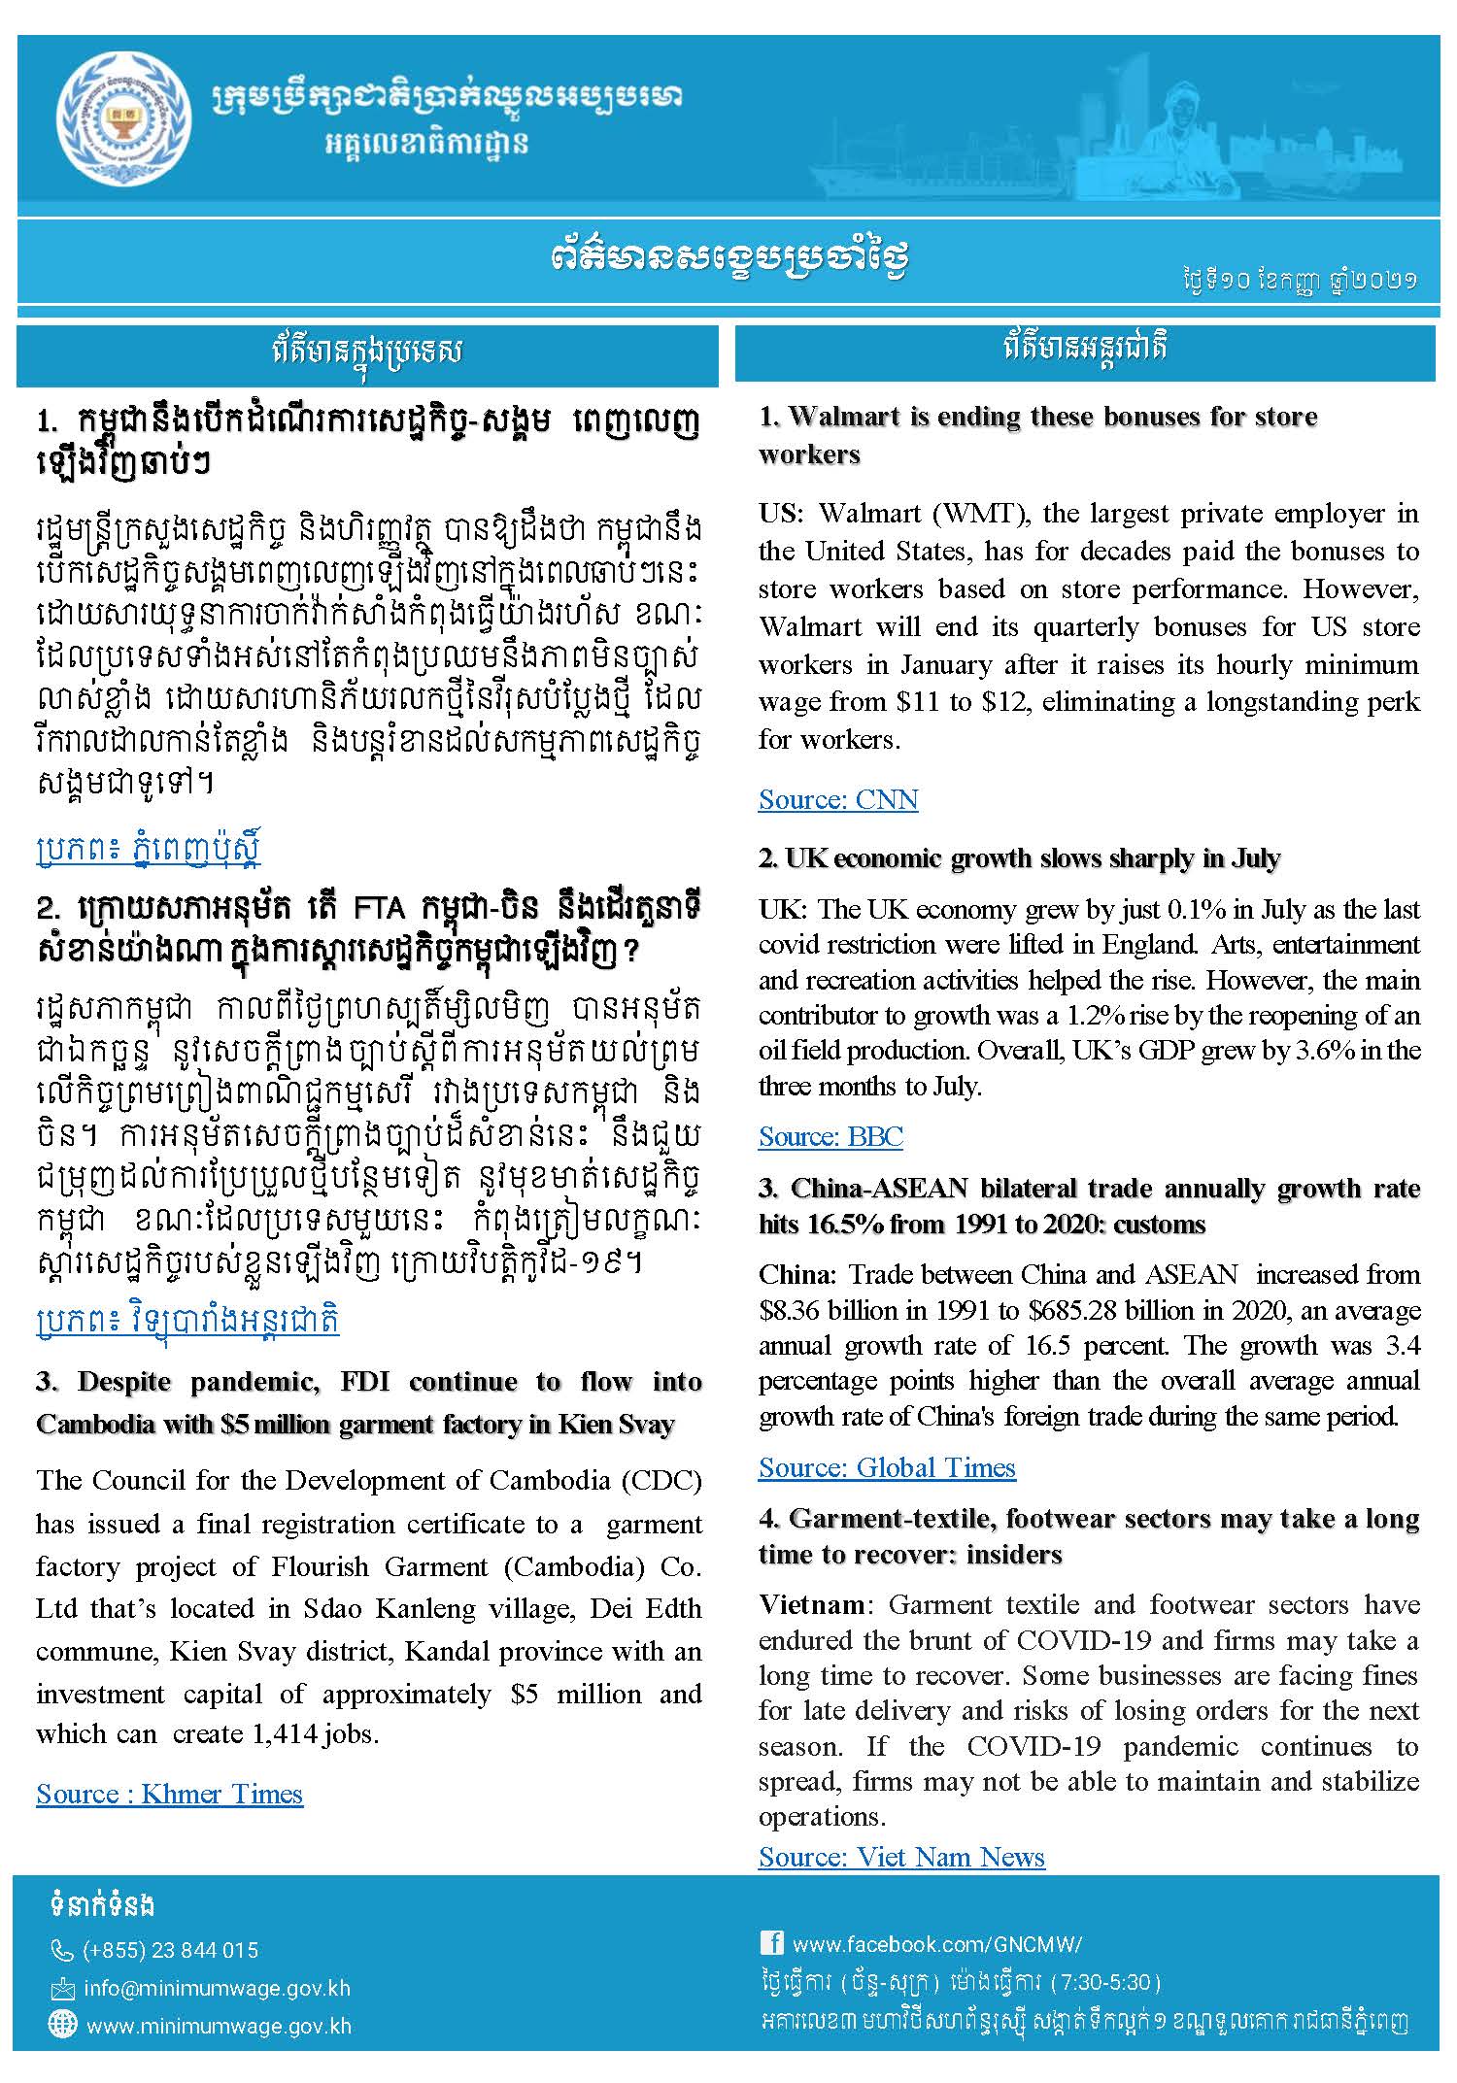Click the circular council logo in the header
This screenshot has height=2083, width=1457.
click(x=122, y=123)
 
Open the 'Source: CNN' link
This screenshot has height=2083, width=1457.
click(x=837, y=799)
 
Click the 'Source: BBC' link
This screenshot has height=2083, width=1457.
click(x=830, y=1136)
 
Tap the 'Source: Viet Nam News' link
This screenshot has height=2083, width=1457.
click(x=900, y=1857)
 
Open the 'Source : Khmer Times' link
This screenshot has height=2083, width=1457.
click(x=169, y=1794)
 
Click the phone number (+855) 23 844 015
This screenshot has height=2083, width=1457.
click(x=171, y=1951)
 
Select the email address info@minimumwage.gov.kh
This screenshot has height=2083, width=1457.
click(x=217, y=1989)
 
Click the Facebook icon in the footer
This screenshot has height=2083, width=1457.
click(x=771, y=1942)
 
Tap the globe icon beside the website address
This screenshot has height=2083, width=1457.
click(x=62, y=2025)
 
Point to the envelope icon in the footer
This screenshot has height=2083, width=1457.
click(x=62, y=1990)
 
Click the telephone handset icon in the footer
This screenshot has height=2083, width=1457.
click(x=62, y=1951)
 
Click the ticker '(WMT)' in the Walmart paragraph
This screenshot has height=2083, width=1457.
click(x=969, y=513)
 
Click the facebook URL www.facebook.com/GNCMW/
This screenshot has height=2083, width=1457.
click(x=936, y=1944)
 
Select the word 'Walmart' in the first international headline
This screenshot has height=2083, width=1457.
click(x=845, y=417)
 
